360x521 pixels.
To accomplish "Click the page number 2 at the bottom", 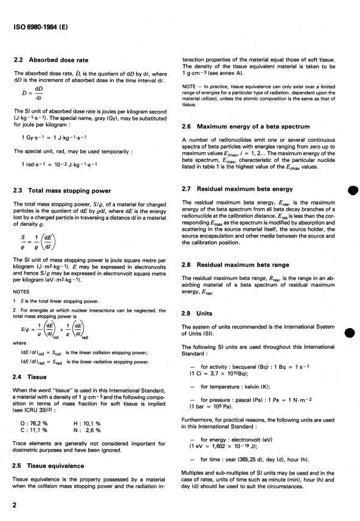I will tap(15, 505).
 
